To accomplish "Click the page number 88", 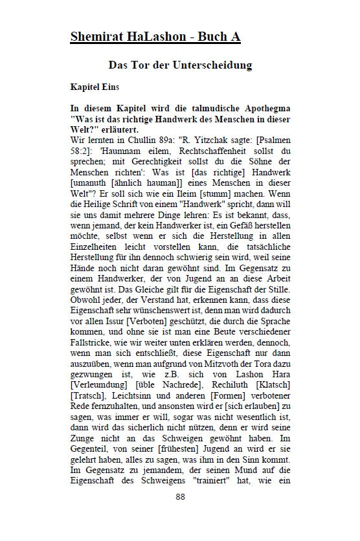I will point(180,515).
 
